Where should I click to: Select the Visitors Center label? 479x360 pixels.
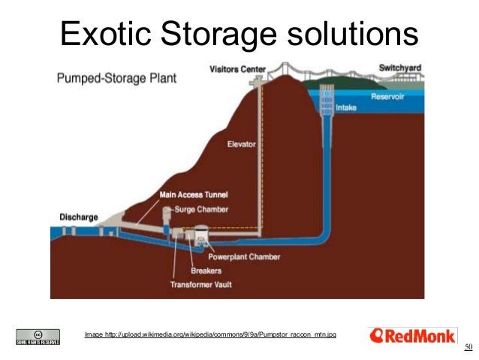236,69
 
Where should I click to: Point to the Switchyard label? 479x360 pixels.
400,68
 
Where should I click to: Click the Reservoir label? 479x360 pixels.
389,97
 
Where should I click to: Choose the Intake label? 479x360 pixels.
346,107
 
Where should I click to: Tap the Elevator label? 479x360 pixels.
242,144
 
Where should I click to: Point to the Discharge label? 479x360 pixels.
79,217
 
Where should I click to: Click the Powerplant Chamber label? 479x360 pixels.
244,256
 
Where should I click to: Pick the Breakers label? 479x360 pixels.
206,271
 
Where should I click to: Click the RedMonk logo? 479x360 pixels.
413,336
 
